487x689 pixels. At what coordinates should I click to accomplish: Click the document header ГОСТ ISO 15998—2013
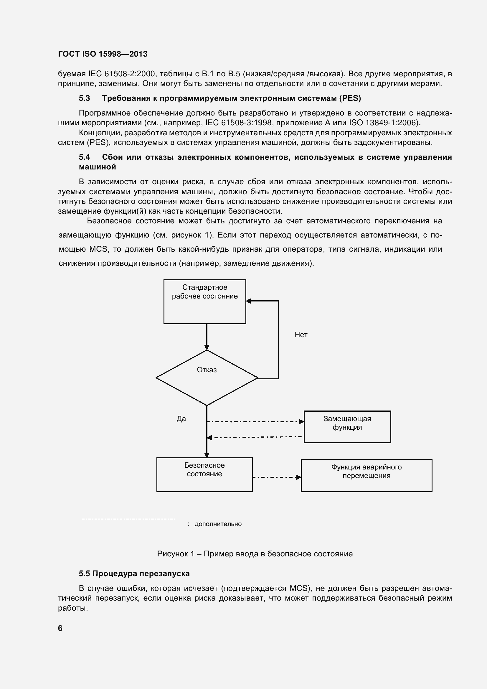(x=103, y=54)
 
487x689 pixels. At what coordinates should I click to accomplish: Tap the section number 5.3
(x=84, y=98)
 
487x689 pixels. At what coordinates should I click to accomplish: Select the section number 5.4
(x=84, y=157)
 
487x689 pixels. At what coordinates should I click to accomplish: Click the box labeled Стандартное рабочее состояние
(x=205, y=301)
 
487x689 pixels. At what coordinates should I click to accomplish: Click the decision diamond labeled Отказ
(x=207, y=378)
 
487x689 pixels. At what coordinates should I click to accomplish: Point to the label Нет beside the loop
(x=301, y=334)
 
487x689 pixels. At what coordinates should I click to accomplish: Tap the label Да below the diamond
(x=181, y=419)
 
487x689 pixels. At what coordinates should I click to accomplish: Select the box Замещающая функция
(x=347, y=427)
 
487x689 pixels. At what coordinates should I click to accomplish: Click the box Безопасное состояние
(x=204, y=474)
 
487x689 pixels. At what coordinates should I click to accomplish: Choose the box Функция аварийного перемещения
(x=367, y=475)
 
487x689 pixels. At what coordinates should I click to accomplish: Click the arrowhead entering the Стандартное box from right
(x=248, y=301)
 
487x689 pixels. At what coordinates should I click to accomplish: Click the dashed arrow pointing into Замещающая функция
(x=255, y=422)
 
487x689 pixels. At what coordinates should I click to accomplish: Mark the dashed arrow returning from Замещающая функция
(x=255, y=437)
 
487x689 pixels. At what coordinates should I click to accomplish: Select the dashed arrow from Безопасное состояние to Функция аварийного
(x=276, y=477)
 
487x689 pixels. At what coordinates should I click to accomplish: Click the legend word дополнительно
(x=218, y=524)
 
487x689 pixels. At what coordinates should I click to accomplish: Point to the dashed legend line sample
(x=128, y=519)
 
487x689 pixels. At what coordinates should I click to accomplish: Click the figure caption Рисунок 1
(x=255, y=554)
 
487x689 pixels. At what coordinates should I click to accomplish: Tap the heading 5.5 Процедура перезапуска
(x=134, y=573)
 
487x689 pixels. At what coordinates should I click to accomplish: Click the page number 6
(x=60, y=628)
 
